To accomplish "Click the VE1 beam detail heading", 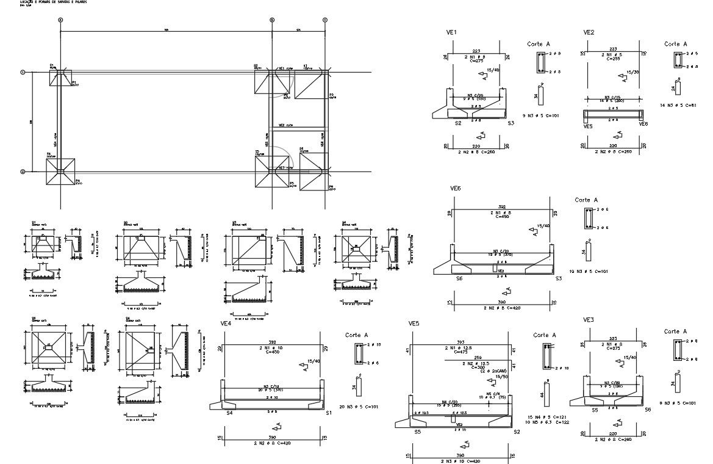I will (x=452, y=32).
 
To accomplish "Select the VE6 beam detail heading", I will (x=455, y=189).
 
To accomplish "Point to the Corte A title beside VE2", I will (x=675, y=44).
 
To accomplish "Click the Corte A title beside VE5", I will (x=544, y=335).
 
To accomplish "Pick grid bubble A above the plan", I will (x=60, y=20).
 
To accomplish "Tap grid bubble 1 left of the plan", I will (x=23, y=73).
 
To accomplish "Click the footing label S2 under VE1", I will (x=457, y=123).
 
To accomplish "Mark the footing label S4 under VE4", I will (x=230, y=413).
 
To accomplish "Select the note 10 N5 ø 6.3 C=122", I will (x=546, y=422).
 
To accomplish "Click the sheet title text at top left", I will (x=49, y=3).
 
